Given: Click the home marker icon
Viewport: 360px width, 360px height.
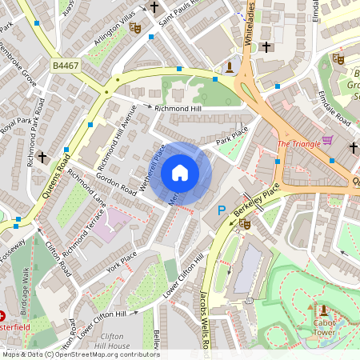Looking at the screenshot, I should point(180,173).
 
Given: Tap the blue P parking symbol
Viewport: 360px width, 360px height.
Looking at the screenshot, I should point(222,210).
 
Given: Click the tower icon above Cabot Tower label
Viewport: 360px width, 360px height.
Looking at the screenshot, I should point(323,310).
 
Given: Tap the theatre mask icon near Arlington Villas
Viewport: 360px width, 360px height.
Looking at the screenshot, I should point(135,28).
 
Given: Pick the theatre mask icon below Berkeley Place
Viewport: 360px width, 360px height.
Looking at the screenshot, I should point(245,225).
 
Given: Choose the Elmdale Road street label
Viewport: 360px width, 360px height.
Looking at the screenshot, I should point(334,106).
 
